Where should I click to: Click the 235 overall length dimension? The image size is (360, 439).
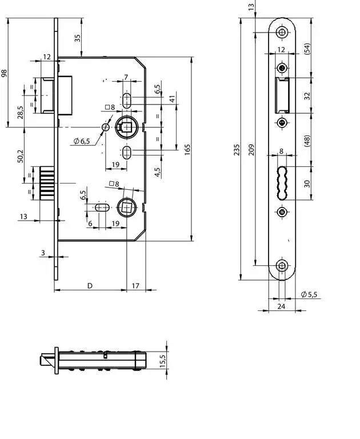pos(237,150)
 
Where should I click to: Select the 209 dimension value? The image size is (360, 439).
pos(251,150)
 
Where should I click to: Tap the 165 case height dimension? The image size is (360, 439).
pos(187,150)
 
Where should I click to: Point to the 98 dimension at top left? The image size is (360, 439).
pos(4,73)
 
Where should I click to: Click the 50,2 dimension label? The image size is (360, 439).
pos(21,157)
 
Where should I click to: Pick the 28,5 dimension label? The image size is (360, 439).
pos(21,112)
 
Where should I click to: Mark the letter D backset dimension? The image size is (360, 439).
pos(90,286)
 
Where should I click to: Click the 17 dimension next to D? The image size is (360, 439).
pos(135,286)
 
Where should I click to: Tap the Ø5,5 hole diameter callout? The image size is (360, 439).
pos(309,294)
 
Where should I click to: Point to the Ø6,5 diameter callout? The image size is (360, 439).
pos(82,141)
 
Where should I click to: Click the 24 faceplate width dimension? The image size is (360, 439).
pos(281,306)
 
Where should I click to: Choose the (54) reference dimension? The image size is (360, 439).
pos(307,49)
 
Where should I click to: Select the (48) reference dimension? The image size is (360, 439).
pos(307,141)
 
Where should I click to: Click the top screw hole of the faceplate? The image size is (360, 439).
pos(282,32)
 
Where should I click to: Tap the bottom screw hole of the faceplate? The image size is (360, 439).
pos(282,265)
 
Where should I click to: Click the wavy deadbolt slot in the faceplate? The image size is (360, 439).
pos(282,183)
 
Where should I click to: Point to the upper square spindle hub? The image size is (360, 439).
pos(127,127)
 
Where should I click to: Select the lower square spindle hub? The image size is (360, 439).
pos(127,207)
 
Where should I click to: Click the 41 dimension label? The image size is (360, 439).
pos(173,99)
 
